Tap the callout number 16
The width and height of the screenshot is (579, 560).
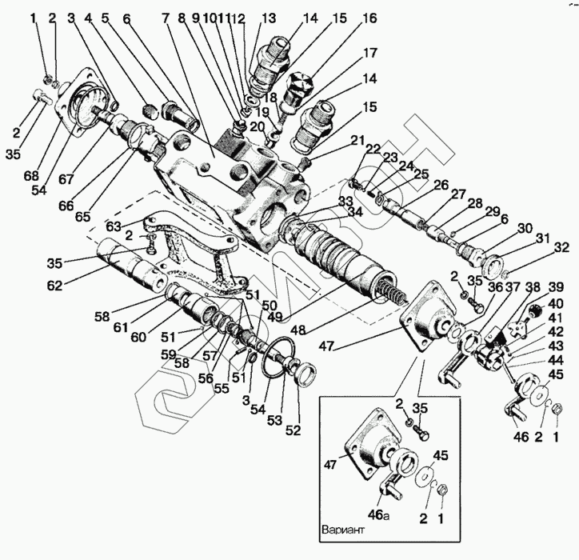tap(370, 18)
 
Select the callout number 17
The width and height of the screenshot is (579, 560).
tap(370, 54)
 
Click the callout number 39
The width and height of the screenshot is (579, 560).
tap(556, 287)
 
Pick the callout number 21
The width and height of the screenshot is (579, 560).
tap(356, 142)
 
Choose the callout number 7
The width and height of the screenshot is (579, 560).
tap(166, 18)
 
